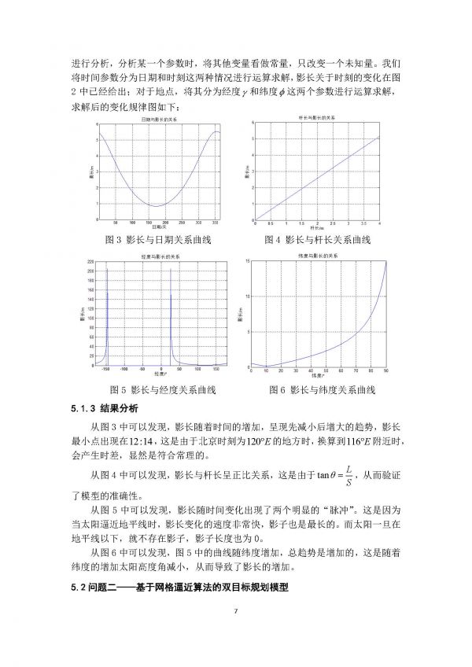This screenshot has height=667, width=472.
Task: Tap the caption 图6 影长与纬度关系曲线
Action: (x=321, y=389)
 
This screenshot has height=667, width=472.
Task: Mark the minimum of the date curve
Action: (x=157, y=206)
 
